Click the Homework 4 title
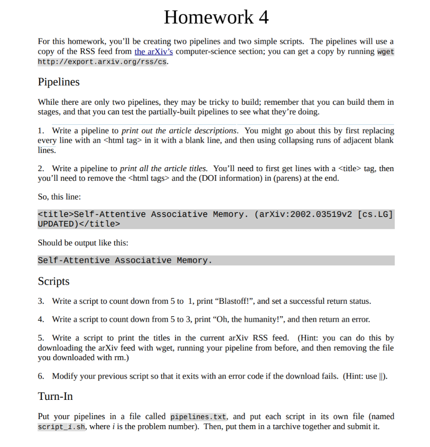click(216, 17)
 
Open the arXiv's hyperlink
click(154, 52)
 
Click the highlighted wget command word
click(385, 52)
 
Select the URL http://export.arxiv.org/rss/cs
click(102, 62)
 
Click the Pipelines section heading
click(58, 82)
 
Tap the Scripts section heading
click(53, 281)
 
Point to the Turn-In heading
click(55, 396)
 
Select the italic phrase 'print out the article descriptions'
click(179, 131)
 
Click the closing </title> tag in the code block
click(99, 224)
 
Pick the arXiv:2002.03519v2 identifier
click(305, 214)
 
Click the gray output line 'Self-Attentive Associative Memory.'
click(125, 261)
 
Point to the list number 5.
click(41, 338)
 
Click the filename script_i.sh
click(62, 426)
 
